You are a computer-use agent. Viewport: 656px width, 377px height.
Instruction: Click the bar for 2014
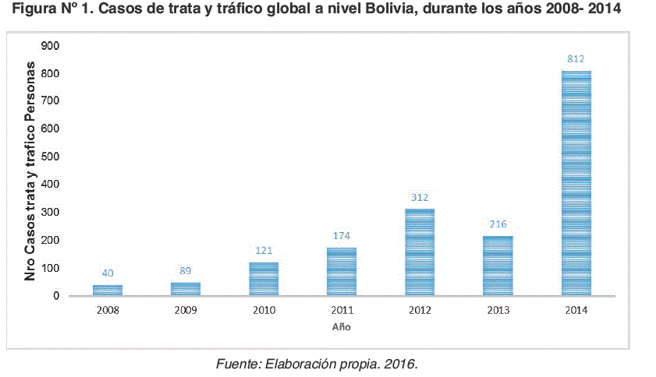pyautogui.click(x=576, y=183)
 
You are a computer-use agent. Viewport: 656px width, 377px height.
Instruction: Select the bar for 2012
pyautogui.click(x=420, y=252)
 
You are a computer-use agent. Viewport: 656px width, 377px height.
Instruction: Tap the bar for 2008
pyautogui.click(x=108, y=290)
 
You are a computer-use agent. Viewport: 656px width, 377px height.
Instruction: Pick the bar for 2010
pyautogui.click(x=264, y=279)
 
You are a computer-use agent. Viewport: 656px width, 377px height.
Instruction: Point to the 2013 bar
pyautogui.click(x=498, y=266)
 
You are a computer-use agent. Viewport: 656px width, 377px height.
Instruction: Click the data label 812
pyautogui.click(x=576, y=59)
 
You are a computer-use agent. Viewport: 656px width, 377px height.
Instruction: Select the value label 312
pyautogui.click(x=420, y=198)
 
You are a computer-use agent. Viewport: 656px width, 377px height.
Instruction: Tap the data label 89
pyautogui.click(x=186, y=271)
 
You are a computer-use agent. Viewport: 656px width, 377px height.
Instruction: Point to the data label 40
pyautogui.click(x=108, y=273)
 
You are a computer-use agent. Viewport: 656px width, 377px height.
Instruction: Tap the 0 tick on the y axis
pyautogui.click(x=57, y=296)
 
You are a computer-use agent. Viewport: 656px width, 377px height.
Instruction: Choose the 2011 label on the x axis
pyautogui.click(x=342, y=311)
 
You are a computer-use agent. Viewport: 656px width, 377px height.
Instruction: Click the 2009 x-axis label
pyautogui.click(x=186, y=311)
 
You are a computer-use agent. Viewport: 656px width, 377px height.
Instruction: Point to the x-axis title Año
pyautogui.click(x=342, y=327)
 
